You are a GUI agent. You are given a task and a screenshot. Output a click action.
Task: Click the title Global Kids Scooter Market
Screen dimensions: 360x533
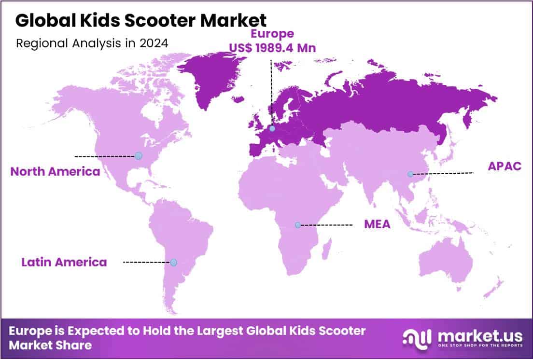coord(140,20)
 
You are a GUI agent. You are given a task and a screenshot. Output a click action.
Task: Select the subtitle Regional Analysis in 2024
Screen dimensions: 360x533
coord(92,43)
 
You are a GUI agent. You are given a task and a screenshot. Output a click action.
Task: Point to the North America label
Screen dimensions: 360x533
coord(55,171)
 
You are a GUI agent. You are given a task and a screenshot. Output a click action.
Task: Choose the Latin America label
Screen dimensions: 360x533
coord(64,263)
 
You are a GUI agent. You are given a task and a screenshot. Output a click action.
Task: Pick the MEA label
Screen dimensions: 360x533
coord(377,224)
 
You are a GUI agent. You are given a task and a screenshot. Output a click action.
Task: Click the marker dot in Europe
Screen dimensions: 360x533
coord(273,129)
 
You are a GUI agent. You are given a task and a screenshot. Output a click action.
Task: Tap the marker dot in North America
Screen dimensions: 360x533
coord(139,156)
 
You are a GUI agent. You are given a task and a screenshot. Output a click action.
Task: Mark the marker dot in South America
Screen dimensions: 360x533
coord(173,263)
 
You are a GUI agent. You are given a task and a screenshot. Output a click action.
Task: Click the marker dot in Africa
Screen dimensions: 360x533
coord(298,225)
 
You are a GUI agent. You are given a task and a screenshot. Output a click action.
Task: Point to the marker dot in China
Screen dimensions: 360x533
coord(410,174)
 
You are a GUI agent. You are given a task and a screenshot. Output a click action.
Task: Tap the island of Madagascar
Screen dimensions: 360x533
coord(326,250)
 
